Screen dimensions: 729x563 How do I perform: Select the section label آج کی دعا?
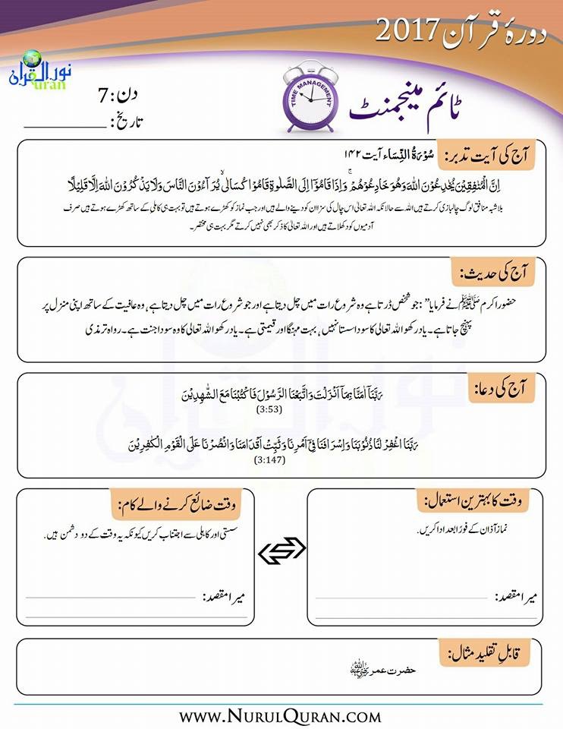505,388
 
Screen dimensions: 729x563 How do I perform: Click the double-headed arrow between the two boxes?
281,554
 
